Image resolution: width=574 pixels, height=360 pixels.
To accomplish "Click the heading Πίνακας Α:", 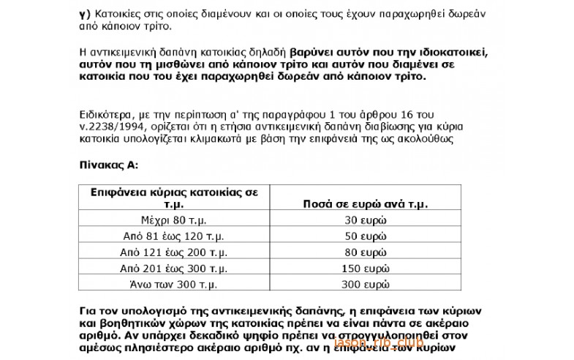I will click(108, 166).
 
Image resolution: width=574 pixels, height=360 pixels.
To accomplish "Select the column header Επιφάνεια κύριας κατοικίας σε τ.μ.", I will click(174, 198).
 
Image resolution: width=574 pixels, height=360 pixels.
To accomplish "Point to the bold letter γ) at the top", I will click(83, 15).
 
